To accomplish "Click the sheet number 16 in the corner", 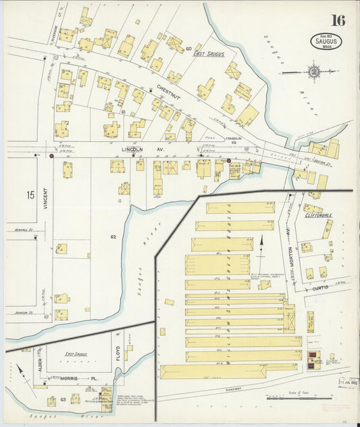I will pyautogui.click(x=338, y=20).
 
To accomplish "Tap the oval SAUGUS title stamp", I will pyautogui.click(x=326, y=41).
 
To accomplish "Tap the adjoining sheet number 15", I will pyautogui.click(x=30, y=195).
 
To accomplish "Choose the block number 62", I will pyautogui.click(x=113, y=236).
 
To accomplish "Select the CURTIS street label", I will pyautogui.click(x=321, y=287).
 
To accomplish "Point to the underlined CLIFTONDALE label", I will pyautogui.click(x=319, y=215).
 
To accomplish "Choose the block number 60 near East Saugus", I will pyautogui.click(x=188, y=49).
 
